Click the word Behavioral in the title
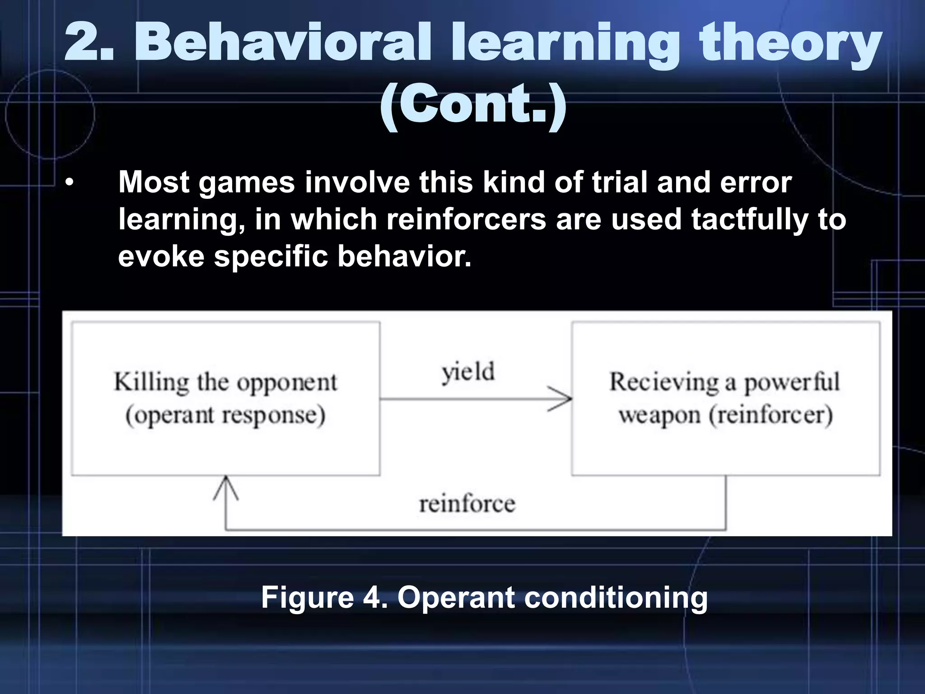click(285, 43)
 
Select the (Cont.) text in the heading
click(473, 105)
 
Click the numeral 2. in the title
click(89, 43)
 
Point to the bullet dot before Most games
click(69, 183)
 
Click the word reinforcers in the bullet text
click(466, 219)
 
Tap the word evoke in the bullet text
click(161, 256)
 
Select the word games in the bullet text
click(247, 183)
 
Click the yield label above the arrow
click(468, 373)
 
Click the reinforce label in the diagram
click(467, 504)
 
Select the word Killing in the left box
click(151, 383)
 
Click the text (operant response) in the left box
click(225, 415)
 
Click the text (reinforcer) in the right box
click(771, 415)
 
